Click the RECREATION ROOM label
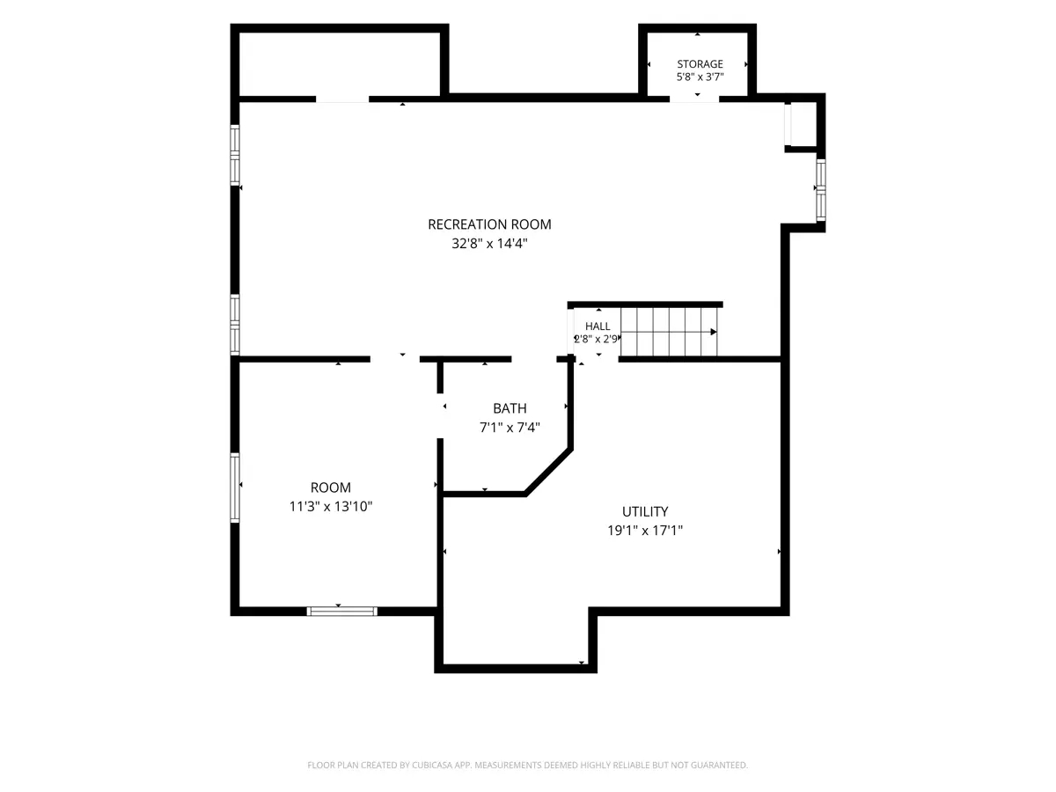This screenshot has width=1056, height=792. tap(489, 224)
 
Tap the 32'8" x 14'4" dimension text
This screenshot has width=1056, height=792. tap(489, 244)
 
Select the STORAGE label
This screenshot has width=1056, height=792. tap(700, 64)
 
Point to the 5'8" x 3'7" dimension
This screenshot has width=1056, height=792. tap(700, 77)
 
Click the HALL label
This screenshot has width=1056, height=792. tap(598, 326)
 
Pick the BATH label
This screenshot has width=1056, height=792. tap(510, 408)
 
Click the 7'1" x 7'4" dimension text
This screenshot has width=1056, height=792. tap(510, 428)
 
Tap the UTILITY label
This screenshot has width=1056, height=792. tap(645, 511)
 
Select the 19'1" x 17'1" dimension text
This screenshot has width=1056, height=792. tap(645, 531)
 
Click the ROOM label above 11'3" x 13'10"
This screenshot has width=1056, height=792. tap(331, 488)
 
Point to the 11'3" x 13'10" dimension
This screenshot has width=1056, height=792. tap(331, 506)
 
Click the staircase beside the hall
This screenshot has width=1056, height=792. tap(669, 332)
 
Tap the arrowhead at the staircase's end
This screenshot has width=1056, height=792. tap(714, 332)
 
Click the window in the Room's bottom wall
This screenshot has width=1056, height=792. tap(341, 612)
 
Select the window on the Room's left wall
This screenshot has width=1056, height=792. tap(235, 488)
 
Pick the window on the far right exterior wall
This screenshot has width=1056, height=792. tap(821, 190)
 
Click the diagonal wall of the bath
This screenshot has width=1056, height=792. tap(548, 473)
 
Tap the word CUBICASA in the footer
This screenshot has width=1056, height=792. tap(431, 765)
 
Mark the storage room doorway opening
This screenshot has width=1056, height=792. tap(694, 99)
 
